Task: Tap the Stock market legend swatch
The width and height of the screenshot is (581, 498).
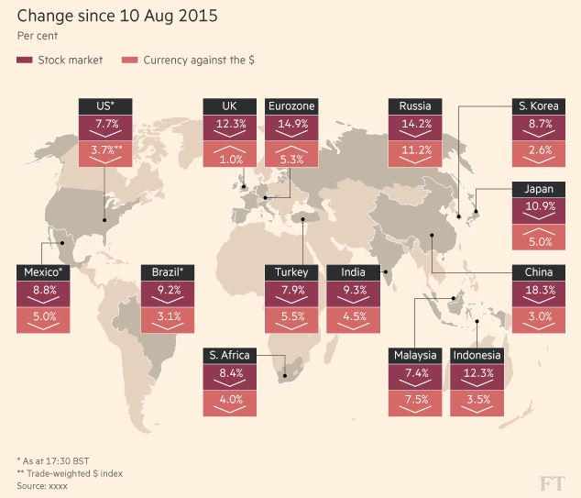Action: point(25,60)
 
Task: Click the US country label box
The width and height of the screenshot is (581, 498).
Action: point(105,106)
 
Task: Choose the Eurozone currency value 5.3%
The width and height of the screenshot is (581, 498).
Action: point(291,159)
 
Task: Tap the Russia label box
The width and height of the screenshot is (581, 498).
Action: point(415,106)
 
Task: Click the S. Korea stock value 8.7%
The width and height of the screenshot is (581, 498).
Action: point(539,124)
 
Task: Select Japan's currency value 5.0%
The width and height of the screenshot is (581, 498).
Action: point(539,242)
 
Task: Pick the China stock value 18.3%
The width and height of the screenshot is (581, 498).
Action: point(539,291)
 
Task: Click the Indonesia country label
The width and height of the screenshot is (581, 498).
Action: point(477,355)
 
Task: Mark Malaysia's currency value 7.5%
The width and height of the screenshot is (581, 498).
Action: point(415,399)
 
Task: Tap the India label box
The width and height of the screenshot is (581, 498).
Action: point(353,272)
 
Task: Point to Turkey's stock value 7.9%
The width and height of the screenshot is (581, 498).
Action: point(291,291)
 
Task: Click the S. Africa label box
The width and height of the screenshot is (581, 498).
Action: point(229,355)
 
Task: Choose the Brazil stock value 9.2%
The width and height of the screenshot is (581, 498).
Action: point(168,291)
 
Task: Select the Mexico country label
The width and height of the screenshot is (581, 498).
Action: point(43,272)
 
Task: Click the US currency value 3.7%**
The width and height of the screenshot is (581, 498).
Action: point(105,150)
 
